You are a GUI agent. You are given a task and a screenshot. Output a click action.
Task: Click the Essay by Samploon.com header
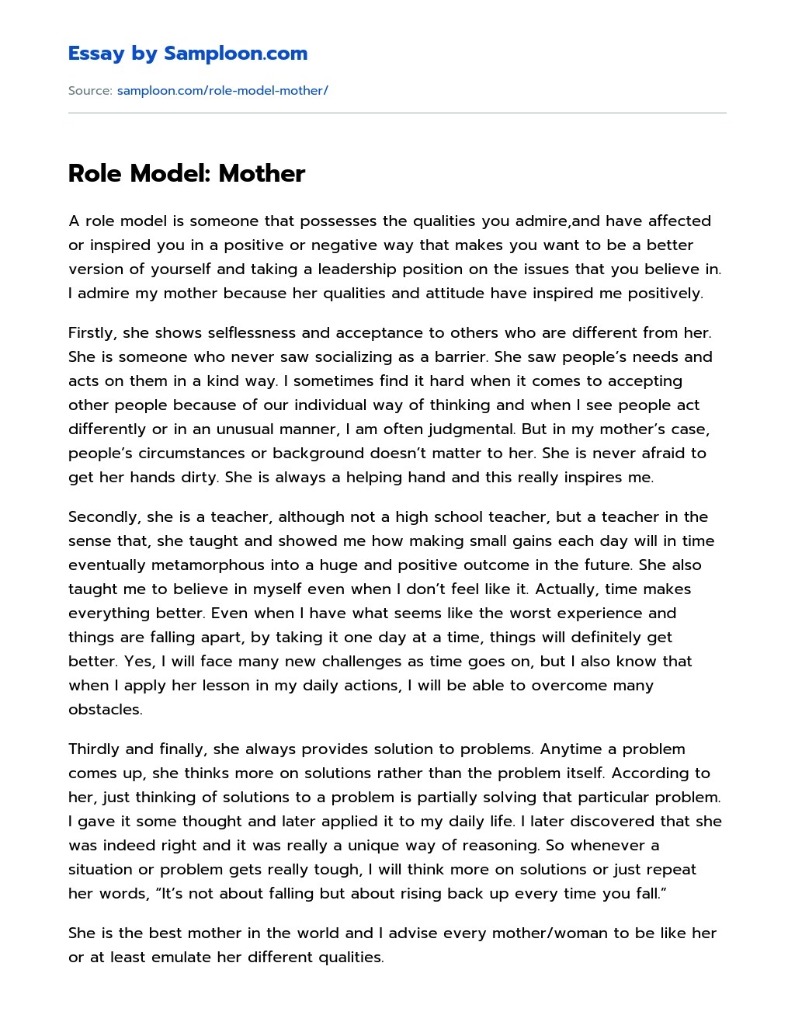(x=187, y=54)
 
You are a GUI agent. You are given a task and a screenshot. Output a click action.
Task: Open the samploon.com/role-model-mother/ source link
(x=222, y=91)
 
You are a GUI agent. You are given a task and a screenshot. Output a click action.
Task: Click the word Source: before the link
(x=90, y=91)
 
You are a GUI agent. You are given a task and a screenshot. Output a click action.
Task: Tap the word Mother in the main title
(x=262, y=173)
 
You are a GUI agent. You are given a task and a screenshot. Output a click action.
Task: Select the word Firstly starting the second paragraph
(x=91, y=333)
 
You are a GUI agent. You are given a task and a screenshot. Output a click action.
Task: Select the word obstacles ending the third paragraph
(x=105, y=710)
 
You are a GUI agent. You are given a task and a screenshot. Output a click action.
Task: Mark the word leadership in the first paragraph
(x=337, y=269)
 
